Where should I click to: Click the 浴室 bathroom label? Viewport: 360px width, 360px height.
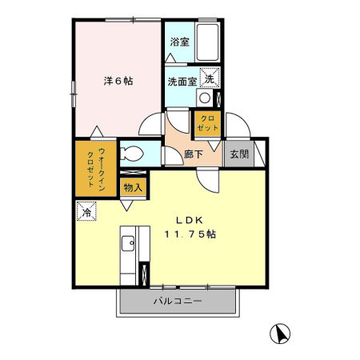(x=179, y=42)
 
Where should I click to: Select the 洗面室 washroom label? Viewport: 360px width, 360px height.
(x=181, y=80)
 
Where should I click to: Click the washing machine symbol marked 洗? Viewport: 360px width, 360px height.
(x=208, y=78)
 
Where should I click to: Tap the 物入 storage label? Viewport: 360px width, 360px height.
(x=133, y=188)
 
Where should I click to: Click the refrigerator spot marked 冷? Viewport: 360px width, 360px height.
(x=86, y=213)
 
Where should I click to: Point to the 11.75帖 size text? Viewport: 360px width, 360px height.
(x=190, y=235)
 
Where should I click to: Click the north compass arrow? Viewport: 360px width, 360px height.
(x=281, y=334)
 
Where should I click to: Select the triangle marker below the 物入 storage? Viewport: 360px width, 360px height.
(x=126, y=206)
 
